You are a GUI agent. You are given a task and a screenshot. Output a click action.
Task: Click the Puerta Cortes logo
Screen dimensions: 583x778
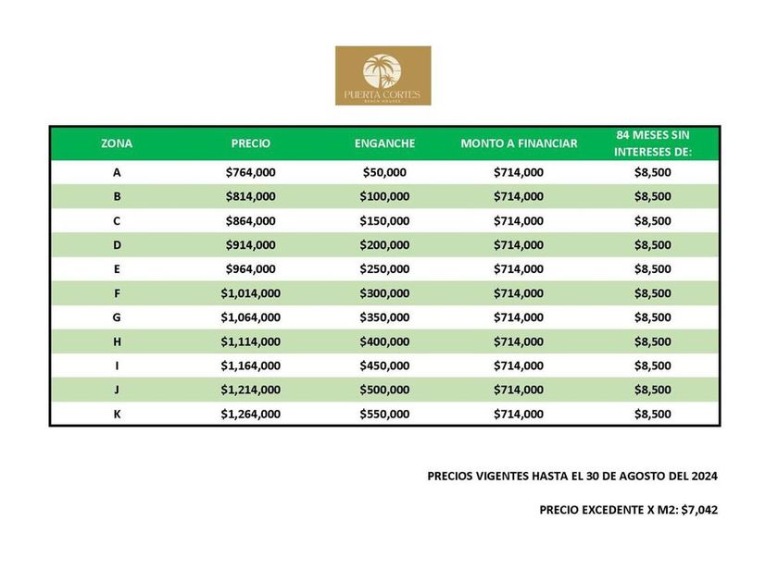(383, 75)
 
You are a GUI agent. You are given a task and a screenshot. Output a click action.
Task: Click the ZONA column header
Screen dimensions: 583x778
(117, 143)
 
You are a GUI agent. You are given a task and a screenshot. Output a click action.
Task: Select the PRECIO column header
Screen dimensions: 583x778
(250, 143)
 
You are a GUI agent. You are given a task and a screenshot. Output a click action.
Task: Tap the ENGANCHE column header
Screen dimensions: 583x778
(384, 143)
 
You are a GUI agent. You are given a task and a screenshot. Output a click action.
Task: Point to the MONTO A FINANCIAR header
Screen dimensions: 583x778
(519, 143)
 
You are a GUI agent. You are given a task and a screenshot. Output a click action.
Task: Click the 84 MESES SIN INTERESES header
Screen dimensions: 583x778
(653, 143)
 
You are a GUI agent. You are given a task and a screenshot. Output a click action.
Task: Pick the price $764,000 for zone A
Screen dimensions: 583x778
(250, 172)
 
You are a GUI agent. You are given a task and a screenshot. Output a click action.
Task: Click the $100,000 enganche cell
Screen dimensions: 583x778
(384, 196)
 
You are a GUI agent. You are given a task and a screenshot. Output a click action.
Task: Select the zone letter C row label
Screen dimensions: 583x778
(117, 220)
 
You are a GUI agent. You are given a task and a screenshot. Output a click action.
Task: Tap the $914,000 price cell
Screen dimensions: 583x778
(250, 244)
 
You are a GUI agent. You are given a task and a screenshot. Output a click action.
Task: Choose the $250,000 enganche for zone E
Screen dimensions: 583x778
(384, 268)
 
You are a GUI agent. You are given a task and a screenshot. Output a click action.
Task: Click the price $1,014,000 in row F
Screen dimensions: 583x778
(250, 293)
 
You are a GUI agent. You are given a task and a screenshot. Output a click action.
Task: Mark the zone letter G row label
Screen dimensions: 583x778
(117, 317)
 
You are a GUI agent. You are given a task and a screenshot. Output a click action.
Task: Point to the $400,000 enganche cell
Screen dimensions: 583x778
(384, 341)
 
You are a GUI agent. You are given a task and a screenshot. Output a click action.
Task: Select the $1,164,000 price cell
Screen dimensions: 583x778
(250, 366)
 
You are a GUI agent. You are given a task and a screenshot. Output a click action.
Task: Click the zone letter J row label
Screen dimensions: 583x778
(117, 390)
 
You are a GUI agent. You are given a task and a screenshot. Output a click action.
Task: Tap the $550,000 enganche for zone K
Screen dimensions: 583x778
(384, 414)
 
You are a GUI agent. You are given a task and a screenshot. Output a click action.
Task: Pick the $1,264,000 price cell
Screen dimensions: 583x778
(250, 414)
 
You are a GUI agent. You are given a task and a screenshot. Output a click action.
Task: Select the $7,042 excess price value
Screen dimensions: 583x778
(699, 510)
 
